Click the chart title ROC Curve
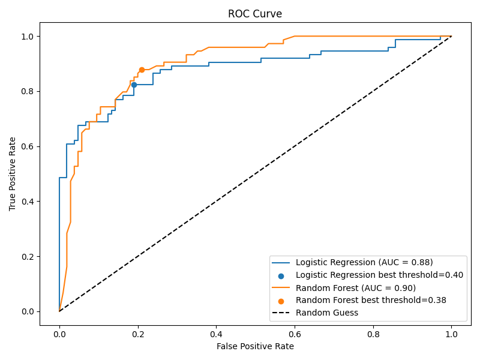pos(255,14)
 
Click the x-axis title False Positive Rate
pos(255,346)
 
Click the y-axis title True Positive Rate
pos(13,174)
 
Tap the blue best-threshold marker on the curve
pos(134,85)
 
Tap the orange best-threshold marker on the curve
pos(142,70)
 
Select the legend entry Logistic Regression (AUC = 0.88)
pos(364,262)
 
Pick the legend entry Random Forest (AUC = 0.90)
pos(356,287)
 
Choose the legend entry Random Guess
pos(327,313)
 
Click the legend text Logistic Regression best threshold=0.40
pos(379,275)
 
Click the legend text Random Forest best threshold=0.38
pos(371,300)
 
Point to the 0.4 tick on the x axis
pos(216,325)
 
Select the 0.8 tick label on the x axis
pos(373,334)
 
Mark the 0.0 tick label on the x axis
pos(59,334)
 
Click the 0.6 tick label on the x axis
pos(294,334)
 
